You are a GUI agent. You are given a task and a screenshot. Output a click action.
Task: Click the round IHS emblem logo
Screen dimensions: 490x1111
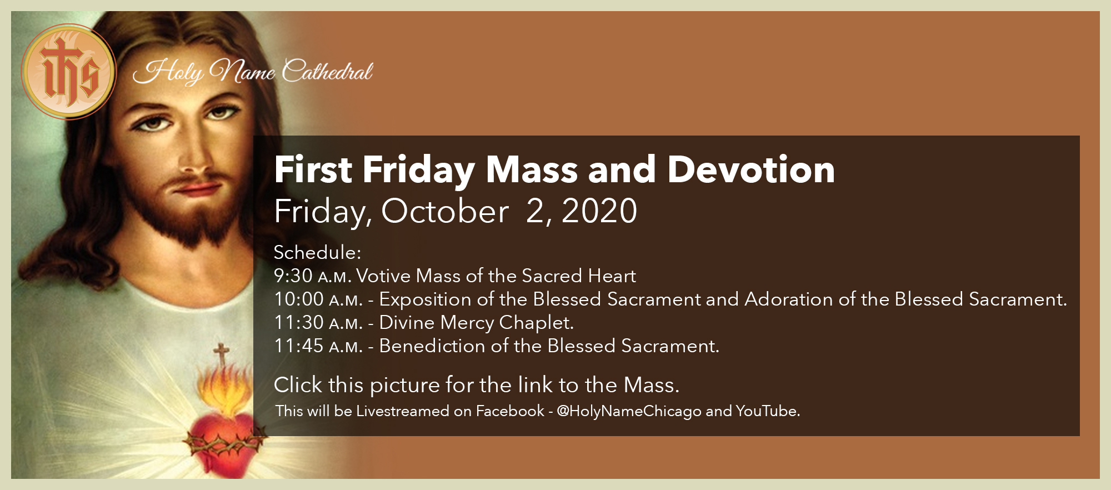69,72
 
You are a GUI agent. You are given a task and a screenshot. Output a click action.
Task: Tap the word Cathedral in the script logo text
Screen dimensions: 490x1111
327,72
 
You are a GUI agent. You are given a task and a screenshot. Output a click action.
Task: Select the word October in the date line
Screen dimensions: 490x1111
444,212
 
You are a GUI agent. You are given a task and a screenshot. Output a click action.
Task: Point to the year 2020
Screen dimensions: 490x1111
599,212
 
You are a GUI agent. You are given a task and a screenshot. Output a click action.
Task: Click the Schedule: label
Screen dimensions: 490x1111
317,253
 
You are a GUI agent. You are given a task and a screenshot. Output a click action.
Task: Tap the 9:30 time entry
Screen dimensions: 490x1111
293,276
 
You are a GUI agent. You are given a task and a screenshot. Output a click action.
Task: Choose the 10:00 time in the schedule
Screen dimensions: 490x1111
299,299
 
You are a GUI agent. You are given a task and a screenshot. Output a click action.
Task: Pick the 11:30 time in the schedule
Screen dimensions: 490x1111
299,323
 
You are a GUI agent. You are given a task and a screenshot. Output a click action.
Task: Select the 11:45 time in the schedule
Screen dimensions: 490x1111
299,346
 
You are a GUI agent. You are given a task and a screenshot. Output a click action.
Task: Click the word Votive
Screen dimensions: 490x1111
383,276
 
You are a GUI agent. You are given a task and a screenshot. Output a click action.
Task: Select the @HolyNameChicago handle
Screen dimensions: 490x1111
629,411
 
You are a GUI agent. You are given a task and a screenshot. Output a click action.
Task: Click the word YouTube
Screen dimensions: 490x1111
767,411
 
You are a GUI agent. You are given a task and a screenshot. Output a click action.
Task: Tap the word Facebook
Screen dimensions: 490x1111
510,411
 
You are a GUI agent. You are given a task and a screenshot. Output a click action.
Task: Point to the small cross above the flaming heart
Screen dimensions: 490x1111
222,353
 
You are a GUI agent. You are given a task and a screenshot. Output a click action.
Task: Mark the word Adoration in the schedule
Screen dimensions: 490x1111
789,299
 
